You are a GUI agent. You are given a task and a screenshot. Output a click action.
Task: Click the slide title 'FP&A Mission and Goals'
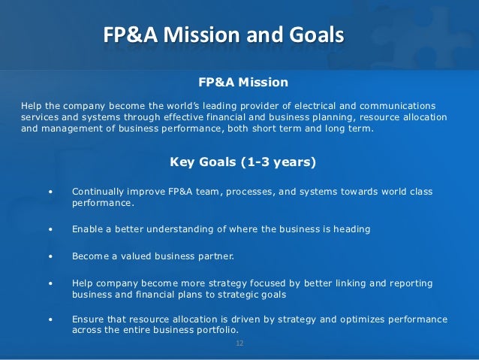click(x=223, y=35)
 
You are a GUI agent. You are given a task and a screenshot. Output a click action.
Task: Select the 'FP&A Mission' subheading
click(x=243, y=82)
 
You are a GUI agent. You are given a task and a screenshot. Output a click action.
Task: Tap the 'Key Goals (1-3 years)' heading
click(x=243, y=161)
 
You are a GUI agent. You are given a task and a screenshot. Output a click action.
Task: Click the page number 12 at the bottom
click(x=239, y=343)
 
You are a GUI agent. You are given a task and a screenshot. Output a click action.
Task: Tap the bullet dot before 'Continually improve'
click(x=50, y=192)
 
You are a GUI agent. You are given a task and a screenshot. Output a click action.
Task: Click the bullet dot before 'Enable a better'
click(x=50, y=229)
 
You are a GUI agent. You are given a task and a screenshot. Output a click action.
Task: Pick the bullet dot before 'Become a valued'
click(x=50, y=256)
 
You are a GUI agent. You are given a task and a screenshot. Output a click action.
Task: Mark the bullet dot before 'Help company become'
click(x=50, y=283)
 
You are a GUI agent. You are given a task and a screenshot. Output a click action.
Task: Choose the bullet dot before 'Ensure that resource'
click(x=50, y=319)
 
